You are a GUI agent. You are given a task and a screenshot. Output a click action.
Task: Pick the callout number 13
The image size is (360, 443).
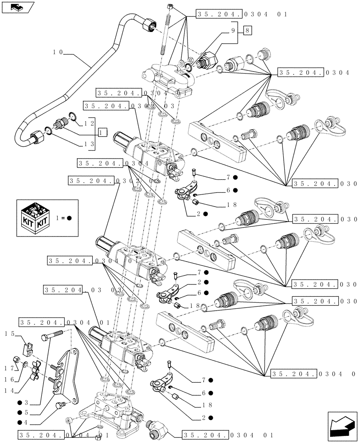coord(90,144)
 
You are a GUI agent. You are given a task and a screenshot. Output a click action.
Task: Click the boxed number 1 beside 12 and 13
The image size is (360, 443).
coord(103,132)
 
